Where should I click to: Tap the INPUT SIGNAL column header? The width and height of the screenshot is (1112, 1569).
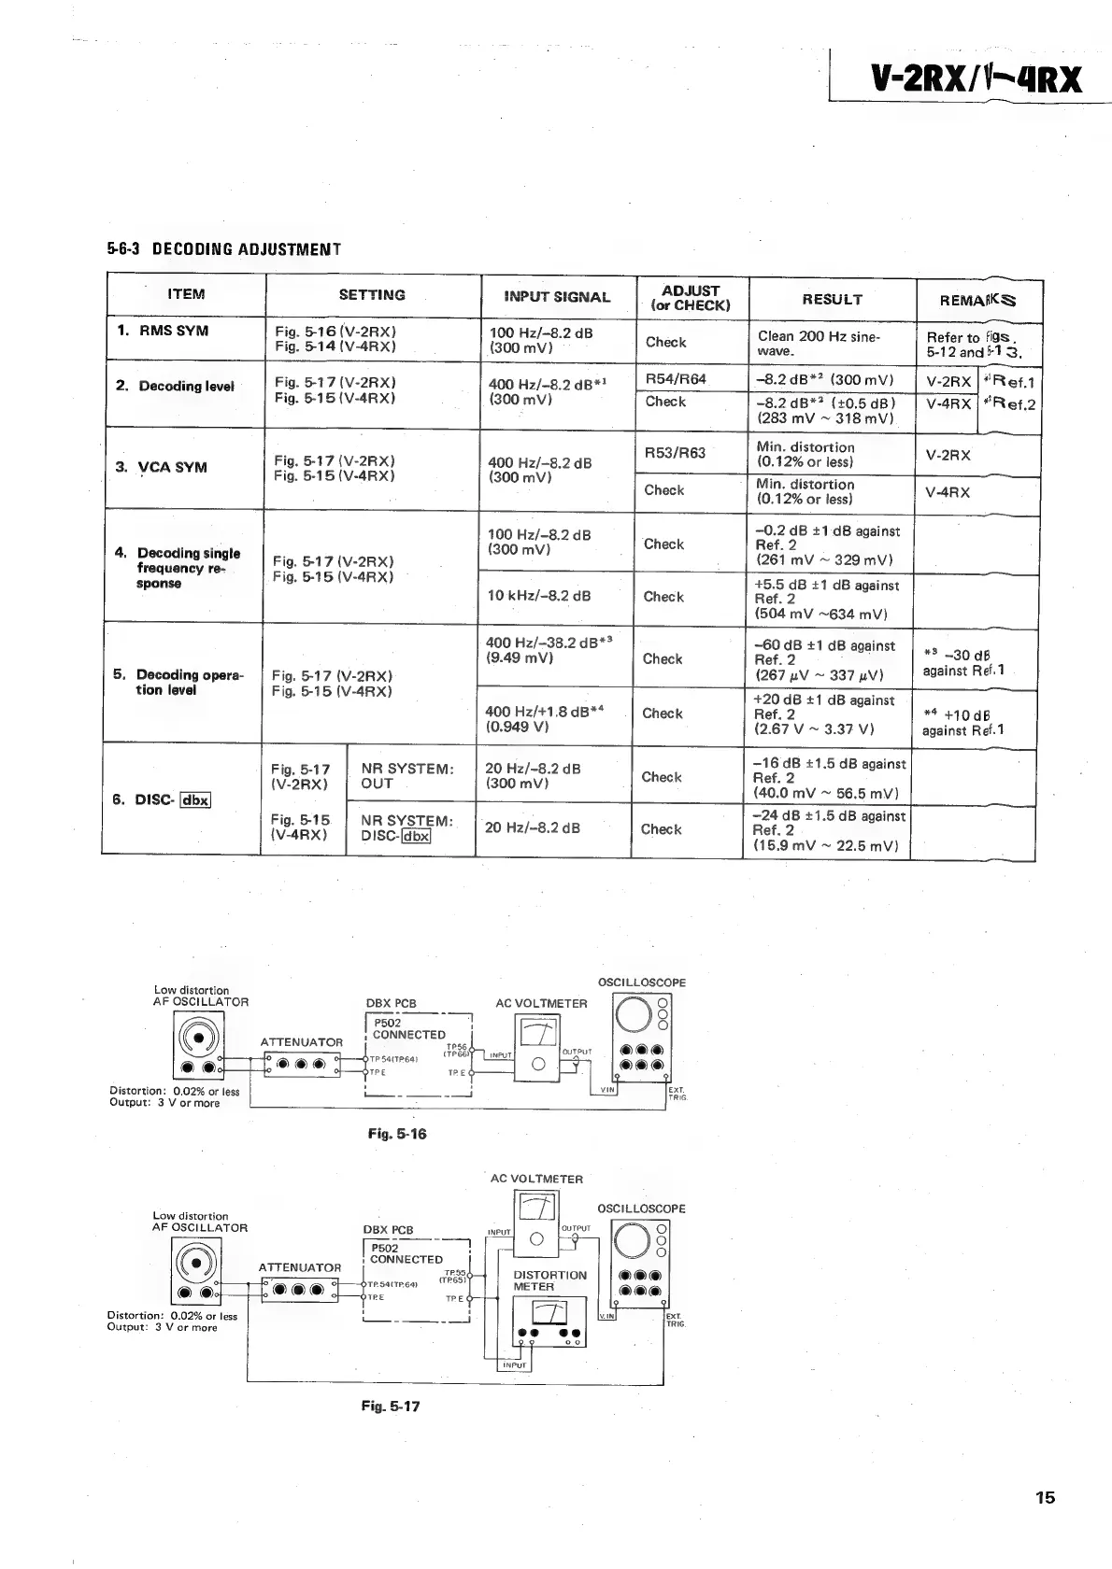pyautogui.click(x=557, y=297)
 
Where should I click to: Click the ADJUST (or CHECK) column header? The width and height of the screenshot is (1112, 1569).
pyautogui.click(x=691, y=298)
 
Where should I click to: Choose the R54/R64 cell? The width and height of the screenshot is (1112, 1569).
pyautogui.click(x=676, y=379)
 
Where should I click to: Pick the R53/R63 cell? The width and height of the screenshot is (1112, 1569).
pyautogui.click(x=675, y=453)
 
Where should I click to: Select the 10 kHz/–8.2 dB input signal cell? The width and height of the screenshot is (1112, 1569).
pyautogui.click(x=538, y=596)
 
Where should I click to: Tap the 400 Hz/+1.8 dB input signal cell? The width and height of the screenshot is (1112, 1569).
pyautogui.click(x=544, y=717)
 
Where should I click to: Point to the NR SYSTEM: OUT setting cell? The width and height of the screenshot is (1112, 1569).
pyautogui.click(x=407, y=776)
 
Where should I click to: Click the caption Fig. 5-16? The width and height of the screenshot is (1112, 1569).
pyautogui.click(x=397, y=1134)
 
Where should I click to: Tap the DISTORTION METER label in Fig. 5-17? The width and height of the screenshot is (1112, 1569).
pyautogui.click(x=549, y=1280)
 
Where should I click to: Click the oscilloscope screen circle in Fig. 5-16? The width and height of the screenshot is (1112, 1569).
pyautogui.click(x=633, y=1012)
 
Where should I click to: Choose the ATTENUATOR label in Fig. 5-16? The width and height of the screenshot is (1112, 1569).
pyautogui.click(x=301, y=1042)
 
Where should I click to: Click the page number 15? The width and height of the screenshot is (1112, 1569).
pyautogui.click(x=1045, y=1498)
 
